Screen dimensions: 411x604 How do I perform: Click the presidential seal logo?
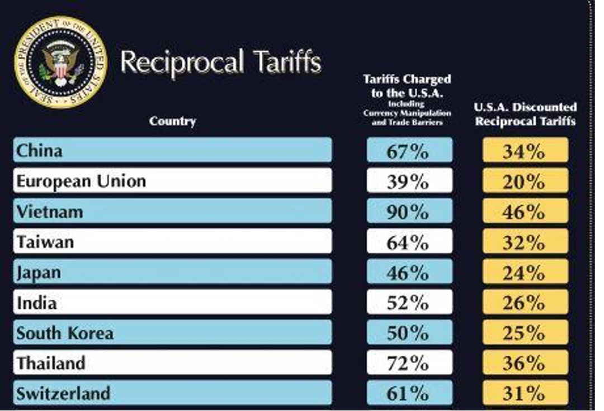pyautogui.click(x=60, y=61)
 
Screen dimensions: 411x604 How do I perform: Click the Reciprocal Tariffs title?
pyautogui.click(x=220, y=61)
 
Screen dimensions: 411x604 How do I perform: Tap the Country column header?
pyautogui.click(x=172, y=121)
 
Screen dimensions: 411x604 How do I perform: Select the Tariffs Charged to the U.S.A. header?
pyautogui.click(x=407, y=99)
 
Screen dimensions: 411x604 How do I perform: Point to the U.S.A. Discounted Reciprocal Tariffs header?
pyautogui.click(x=525, y=114)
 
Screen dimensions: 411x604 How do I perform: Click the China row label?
pyautogui.click(x=39, y=151)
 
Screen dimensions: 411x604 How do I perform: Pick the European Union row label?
pyautogui.click(x=81, y=181)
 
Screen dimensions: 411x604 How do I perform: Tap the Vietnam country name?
pyautogui.click(x=50, y=212)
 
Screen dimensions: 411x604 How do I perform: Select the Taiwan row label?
pyautogui.click(x=45, y=242)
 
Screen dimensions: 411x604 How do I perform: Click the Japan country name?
pyautogui.click(x=39, y=273)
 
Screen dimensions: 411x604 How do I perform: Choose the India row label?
pyautogui.click(x=36, y=303)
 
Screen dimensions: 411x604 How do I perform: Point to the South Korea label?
pyautogui.click(x=65, y=333)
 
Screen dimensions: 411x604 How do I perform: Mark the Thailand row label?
pyautogui.click(x=51, y=364)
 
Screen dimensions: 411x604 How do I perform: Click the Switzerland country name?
pyautogui.click(x=63, y=394)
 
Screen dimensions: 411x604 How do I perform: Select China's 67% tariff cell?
pyautogui.click(x=409, y=151)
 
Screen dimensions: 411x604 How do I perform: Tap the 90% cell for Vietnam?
pyautogui.click(x=409, y=212)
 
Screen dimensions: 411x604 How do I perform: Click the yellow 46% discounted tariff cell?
pyautogui.click(x=525, y=212)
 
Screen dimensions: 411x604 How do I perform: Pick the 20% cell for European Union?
pyautogui.click(x=525, y=181)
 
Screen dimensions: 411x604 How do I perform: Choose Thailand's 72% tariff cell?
pyautogui.click(x=409, y=364)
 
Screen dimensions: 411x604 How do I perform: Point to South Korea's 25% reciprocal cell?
pyautogui.click(x=525, y=333)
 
